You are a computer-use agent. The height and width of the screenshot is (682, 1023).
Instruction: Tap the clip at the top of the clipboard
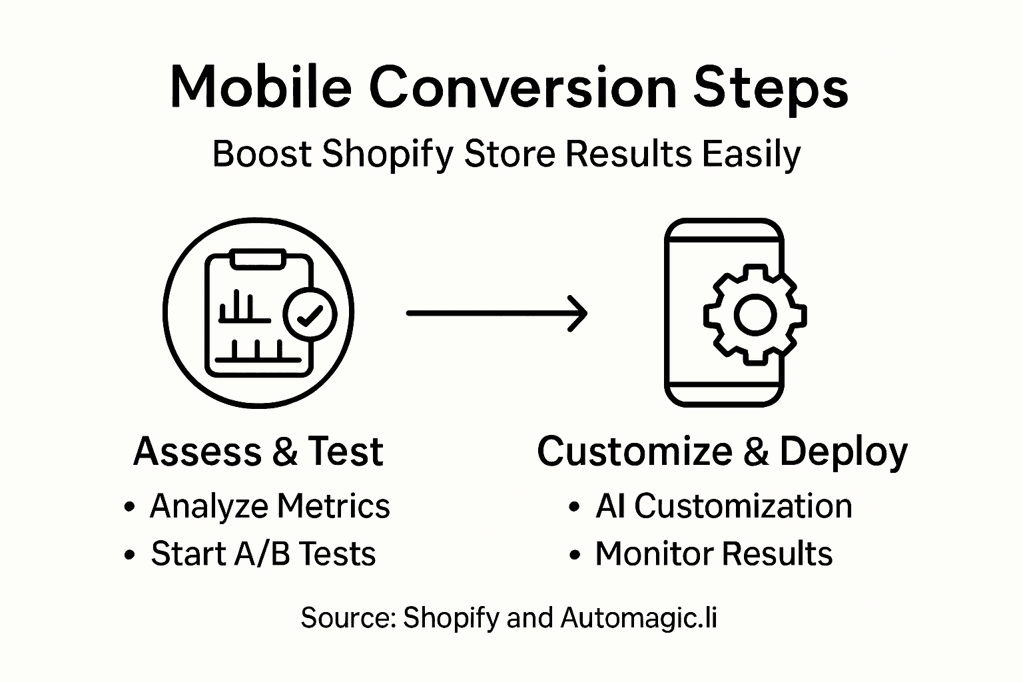pos(258,257)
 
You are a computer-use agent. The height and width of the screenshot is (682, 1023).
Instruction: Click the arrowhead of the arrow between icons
pos(578,313)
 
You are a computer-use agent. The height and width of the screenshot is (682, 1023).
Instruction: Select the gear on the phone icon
pos(755,314)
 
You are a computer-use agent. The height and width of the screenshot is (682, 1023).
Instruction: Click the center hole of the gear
pos(755,314)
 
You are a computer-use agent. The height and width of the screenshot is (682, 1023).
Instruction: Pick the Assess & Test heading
pos(258,452)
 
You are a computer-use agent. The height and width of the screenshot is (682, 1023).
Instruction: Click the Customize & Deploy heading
pos(722,452)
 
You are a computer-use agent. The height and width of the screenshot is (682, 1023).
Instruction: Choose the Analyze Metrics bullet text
pos(270,506)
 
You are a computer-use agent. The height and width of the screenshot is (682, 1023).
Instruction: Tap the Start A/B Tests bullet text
pos(263,554)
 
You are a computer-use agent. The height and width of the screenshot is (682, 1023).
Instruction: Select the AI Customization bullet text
pos(723,506)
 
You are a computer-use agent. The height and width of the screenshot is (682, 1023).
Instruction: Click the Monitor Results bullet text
pos(713,554)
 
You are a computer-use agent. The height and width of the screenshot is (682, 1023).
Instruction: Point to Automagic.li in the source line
pos(639,618)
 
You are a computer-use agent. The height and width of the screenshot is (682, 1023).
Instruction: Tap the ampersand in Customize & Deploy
pos(756,452)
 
